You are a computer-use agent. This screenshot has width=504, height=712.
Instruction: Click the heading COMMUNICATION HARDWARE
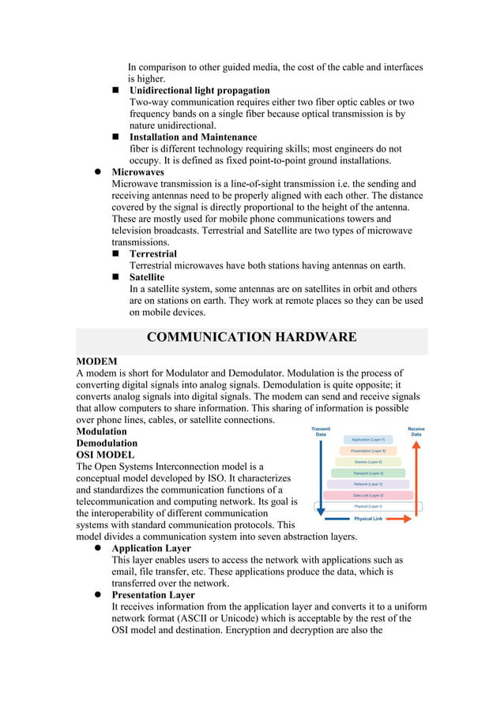coord(251,338)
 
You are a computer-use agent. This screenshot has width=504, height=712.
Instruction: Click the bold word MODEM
coord(96,361)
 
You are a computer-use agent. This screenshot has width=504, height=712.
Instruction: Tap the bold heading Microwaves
coord(138,171)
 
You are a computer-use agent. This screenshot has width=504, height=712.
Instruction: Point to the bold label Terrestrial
coord(153,253)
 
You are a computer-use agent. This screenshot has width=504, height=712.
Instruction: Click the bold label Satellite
coord(147,277)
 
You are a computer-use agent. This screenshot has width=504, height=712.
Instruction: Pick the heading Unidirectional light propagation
coord(199,90)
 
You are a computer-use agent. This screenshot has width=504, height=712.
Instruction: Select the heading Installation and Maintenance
coord(193,137)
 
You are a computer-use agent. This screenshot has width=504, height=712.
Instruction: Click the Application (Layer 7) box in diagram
coord(367,439)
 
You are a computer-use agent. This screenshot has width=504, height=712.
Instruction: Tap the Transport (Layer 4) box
coord(367,473)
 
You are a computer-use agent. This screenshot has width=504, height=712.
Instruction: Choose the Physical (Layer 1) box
coord(367,506)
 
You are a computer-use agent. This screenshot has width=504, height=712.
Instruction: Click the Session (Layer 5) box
coord(367,462)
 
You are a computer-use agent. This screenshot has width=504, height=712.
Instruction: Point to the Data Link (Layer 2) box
coord(367,495)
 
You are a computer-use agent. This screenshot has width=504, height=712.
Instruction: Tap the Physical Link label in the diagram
coord(368,519)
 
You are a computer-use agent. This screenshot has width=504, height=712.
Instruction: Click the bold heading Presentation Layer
coord(153,594)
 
